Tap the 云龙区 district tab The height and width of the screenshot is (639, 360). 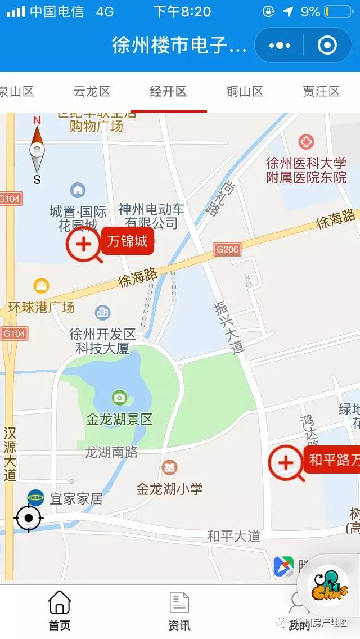point(92,92)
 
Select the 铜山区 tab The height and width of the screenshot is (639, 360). point(245,92)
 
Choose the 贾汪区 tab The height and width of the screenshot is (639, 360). point(321,92)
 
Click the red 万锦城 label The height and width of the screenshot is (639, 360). point(128,242)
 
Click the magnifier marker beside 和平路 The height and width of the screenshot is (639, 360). point(286,463)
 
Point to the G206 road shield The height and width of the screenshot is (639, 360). point(228,249)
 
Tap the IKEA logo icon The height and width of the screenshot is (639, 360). point(35,497)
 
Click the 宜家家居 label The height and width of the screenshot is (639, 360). point(76,498)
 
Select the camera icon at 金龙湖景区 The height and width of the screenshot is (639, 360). point(119,398)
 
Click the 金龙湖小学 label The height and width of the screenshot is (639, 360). point(169,489)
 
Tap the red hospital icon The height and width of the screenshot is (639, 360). point(306,141)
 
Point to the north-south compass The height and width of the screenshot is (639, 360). point(37,150)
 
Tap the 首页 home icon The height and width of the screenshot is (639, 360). point(60,603)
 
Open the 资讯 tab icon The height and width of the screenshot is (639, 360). point(179,603)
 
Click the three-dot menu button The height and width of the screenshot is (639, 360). point(280,45)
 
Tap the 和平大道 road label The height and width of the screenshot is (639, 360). point(233,537)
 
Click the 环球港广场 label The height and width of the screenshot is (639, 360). point(41,308)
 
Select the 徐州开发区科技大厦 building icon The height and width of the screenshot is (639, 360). point(102,312)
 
